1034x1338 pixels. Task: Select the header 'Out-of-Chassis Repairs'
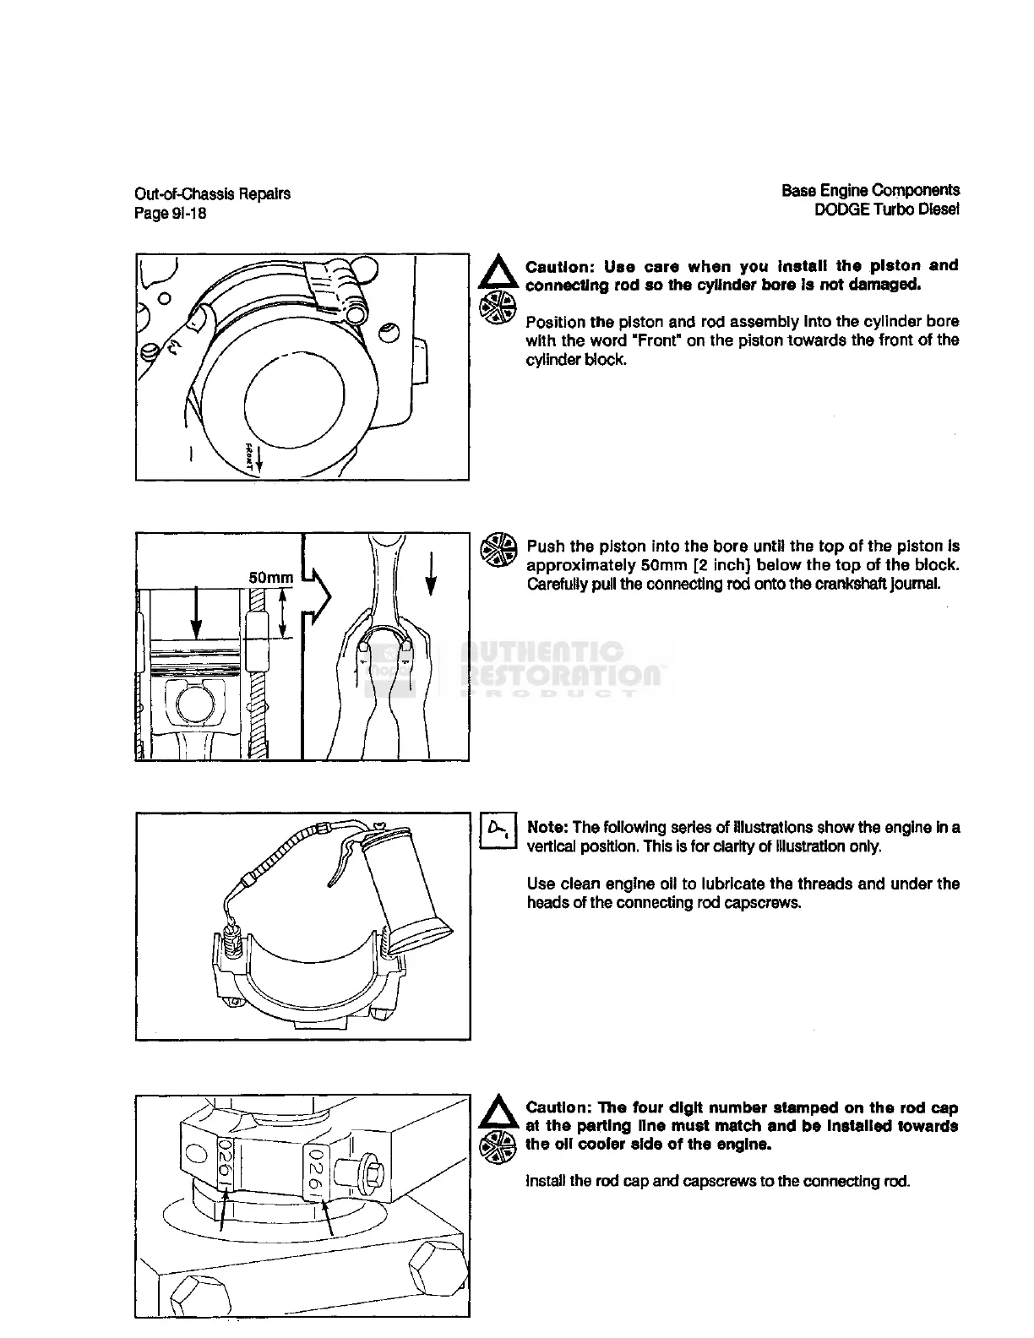pos(213,193)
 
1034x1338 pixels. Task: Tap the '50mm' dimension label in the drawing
pos(270,578)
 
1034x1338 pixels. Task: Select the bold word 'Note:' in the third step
pos(547,827)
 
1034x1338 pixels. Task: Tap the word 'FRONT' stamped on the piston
pos(251,454)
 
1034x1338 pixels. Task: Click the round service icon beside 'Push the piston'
pos(498,549)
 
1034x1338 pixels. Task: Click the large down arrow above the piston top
pos(196,607)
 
